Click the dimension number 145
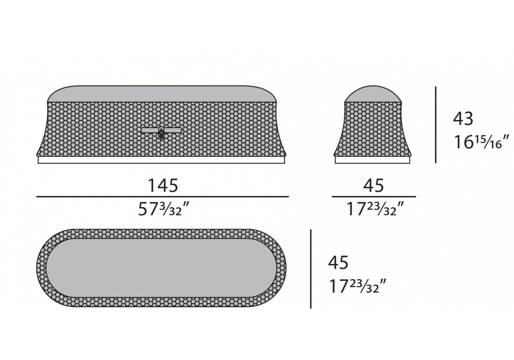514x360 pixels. [x=163, y=185]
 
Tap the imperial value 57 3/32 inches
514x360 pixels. [x=163, y=209]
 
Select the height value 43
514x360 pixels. [x=463, y=118]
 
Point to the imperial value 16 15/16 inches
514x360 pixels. [x=482, y=142]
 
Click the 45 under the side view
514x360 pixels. [x=373, y=185]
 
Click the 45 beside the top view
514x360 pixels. [x=338, y=263]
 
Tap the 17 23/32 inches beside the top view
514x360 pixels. [x=357, y=286]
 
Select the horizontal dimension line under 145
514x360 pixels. [x=162, y=197]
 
